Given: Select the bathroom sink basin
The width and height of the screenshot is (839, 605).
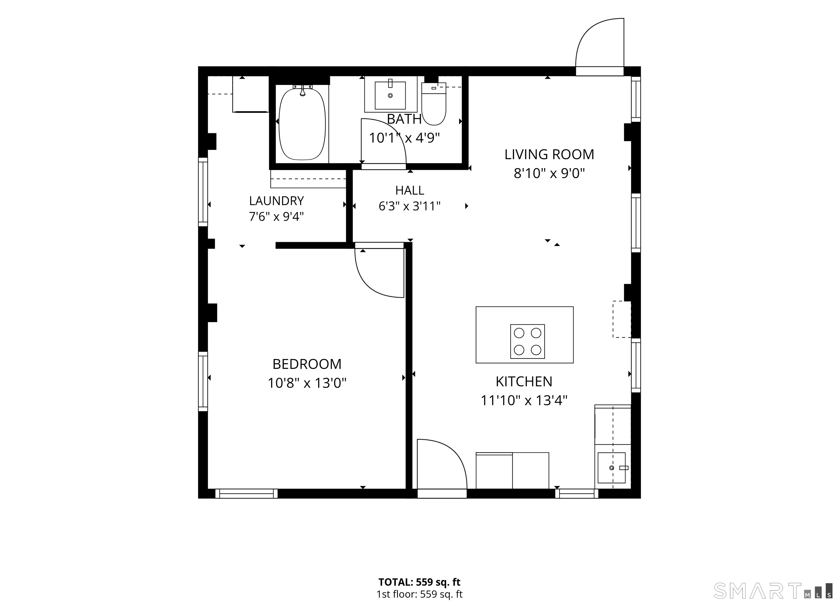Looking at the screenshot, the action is [390, 95].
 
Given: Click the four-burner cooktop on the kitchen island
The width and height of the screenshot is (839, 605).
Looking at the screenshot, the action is [528, 341].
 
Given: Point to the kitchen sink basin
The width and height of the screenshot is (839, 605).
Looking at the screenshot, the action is [611, 468].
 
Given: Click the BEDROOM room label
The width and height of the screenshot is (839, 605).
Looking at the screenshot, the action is [307, 364].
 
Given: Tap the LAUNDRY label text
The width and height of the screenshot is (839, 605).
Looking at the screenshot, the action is [276, 201].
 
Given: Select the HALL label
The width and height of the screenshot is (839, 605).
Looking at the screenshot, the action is [409, 191].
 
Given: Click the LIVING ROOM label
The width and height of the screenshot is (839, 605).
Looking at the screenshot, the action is [549, 155].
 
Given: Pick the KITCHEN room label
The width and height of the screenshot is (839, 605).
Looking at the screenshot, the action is [524, 382].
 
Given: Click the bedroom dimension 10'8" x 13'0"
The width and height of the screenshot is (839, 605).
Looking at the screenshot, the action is [307, 383].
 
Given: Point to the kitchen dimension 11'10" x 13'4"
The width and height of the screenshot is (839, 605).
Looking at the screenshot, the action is [524, 401].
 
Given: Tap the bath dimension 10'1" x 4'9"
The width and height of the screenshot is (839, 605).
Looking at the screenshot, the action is [404, 138].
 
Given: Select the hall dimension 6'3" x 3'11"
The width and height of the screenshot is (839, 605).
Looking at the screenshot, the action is [409, 206].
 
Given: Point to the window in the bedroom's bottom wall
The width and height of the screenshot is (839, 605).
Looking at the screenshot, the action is [246, 494].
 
